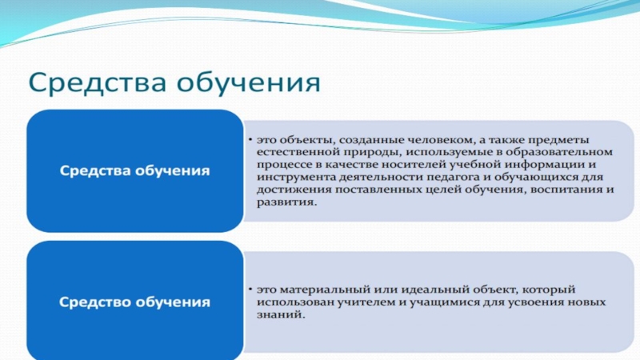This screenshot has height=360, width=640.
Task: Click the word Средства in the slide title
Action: point(98,83)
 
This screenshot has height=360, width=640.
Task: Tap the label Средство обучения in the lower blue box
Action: point(134,302)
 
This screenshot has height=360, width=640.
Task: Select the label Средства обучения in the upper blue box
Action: point(134,170)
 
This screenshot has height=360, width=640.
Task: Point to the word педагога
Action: point(458,178)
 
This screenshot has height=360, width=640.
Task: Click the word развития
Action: point(286,202)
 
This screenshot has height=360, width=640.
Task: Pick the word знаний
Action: point(281,315)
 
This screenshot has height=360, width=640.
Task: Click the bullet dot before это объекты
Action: point(250,140)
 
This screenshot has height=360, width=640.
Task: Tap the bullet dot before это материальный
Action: point(250,290)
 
